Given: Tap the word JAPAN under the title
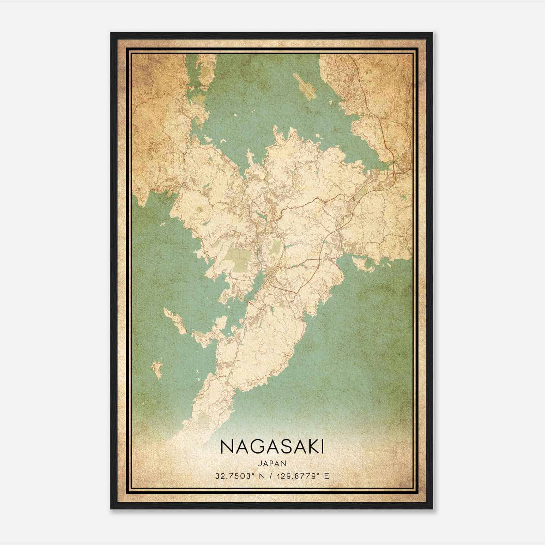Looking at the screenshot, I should click(272, 463).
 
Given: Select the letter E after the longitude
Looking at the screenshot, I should click(327, 476).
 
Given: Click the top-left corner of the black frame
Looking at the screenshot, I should click(111, 33).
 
